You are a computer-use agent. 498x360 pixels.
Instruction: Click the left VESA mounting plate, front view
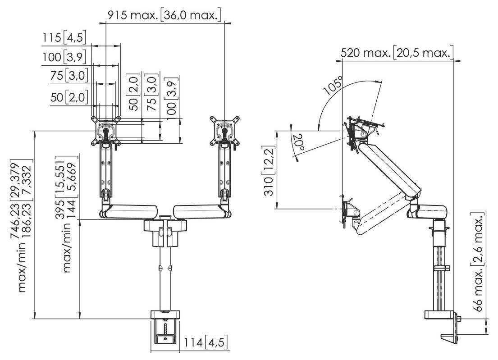point(106,131)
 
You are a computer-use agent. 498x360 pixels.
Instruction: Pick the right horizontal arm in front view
point(198,211)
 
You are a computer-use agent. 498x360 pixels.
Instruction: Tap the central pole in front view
point(165,279)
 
